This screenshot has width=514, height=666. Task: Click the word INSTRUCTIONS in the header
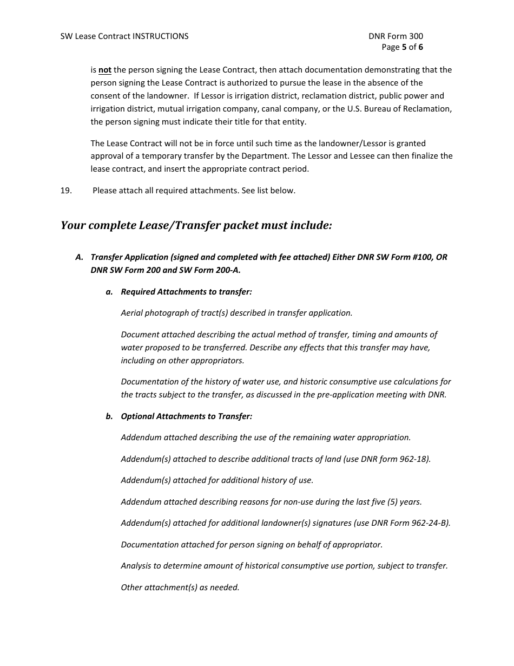tap(161, 36)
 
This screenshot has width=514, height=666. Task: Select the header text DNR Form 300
tap(396, 36)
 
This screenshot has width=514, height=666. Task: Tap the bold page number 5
tap(404, 47)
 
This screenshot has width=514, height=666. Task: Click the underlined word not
tap(105, 70)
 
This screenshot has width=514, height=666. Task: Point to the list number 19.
tap(66, 191)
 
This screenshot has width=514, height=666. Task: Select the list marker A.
tap(80, 257)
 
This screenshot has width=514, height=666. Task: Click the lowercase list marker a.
tap(109, 292)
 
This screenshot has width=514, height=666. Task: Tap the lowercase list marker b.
tap(109, 416)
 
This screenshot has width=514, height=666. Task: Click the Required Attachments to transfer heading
tap(186, 292)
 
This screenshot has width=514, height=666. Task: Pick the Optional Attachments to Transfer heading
tap(186, 416)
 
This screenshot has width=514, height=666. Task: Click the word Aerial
tap(132, 313)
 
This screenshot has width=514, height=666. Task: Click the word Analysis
tap(136, 566)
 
